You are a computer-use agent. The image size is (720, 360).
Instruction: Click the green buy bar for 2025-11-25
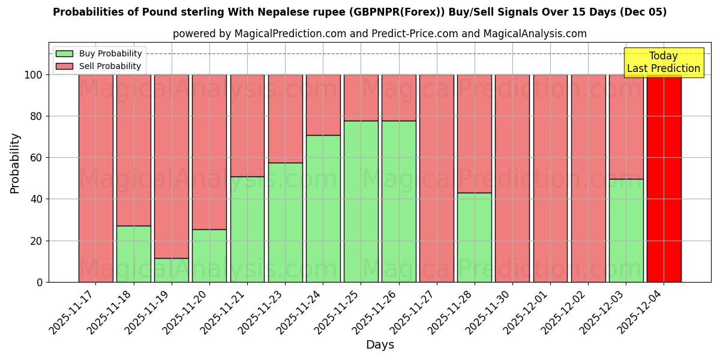point(361,202)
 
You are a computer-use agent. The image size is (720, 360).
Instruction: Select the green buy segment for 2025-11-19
point(172,270)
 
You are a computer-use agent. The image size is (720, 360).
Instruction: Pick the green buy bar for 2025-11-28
point(475,238)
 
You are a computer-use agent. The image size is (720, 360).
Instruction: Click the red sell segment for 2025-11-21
point(247,125)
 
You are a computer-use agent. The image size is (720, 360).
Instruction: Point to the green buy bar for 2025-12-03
point(626,230)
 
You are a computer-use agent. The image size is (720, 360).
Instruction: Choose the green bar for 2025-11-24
point(323,209)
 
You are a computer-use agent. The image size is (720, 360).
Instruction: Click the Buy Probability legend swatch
point(64,54)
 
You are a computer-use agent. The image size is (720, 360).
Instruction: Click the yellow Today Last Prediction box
point(663,62)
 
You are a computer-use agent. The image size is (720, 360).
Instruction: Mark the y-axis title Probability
point(16,163)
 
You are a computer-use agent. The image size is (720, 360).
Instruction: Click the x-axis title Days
point(380,345)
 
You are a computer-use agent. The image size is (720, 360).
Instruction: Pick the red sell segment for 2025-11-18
point(134,150)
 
